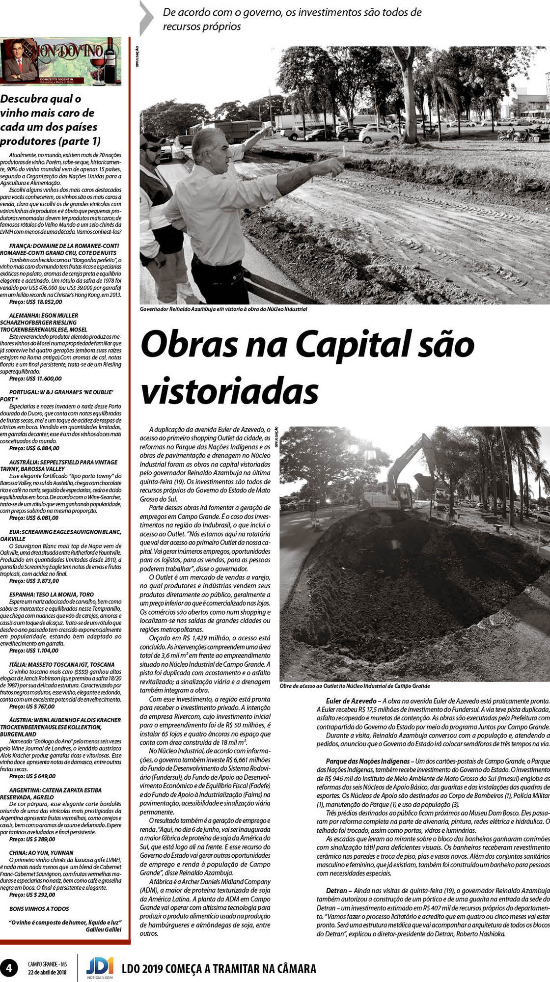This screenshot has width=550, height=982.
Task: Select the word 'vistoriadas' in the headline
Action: pyautogui.click(x=229, y=391)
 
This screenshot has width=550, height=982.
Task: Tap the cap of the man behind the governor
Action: pyautogui.click(x=153, y=139)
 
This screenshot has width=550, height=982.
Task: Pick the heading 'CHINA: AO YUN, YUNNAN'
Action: pyautogui.click(x=41, y=853)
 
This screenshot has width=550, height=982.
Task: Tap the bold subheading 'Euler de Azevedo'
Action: pyautogui.click(x=351, y=701)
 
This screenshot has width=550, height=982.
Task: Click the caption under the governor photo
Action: pyautogui.click(x=223, y=309)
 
